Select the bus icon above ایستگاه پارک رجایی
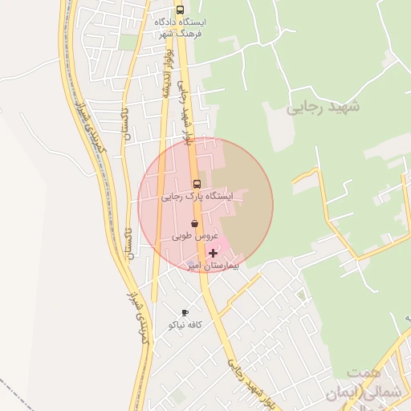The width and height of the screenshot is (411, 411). [197, 183]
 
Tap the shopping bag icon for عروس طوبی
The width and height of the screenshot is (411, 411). [194, 224]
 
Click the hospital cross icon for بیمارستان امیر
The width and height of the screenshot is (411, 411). [213, 252]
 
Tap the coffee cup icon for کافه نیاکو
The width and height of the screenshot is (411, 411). [185, 313]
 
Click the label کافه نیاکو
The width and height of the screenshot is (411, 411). [185, 325]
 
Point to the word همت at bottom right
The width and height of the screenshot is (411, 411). [363, 374]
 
